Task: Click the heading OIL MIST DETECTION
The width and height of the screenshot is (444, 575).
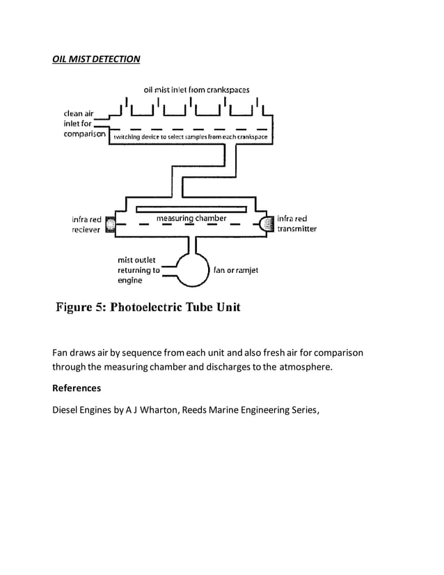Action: click(96, 59)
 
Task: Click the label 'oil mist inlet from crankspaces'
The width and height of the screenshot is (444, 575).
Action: click(196, 90)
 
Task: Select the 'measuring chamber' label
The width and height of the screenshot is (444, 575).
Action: click(191, 219)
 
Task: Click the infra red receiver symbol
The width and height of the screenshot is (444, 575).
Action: click(109, 224)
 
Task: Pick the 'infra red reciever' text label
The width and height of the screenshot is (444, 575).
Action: click(86, 224)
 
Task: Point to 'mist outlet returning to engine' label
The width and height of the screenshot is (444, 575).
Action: click(139, 270)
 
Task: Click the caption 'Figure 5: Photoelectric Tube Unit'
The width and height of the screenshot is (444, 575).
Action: click(148, 307)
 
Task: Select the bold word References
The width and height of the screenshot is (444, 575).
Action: click(77, 388)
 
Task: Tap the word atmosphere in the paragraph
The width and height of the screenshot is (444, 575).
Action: click(306, 367)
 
